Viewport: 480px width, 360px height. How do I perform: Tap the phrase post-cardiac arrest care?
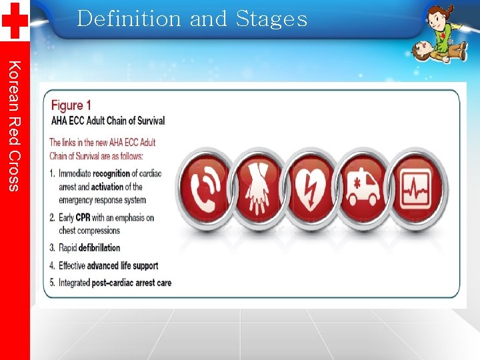(x=132, y=283)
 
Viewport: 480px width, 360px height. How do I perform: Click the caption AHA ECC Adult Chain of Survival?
(x=108, y=121)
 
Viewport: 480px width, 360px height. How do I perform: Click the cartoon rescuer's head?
(x=437, y=15)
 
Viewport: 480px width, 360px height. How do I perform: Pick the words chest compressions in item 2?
(x=89, y=231)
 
